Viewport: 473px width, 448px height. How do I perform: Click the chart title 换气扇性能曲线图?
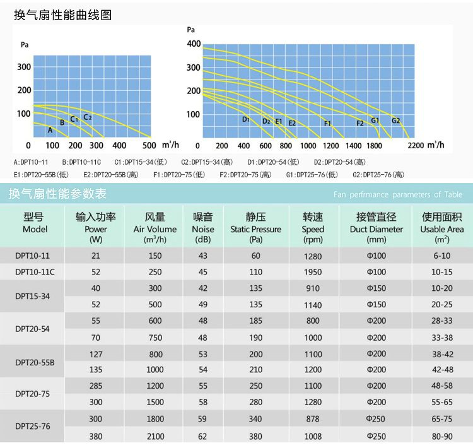pyautogui.click(x=63, y=15)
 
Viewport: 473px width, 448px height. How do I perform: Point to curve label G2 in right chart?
pyautogui.click(x=395, y=121)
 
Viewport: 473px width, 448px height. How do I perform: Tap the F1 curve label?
pyautogui.click(x=327, y=124)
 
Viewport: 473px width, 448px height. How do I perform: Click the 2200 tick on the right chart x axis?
pyautogui.click(x=416, y=145)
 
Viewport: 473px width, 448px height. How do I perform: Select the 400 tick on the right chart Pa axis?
pyautogui.click(x=194, y=44)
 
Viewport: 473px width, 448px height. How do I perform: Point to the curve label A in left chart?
pyautogui.click(x=50, y=131)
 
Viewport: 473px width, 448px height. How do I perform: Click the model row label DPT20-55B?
pyautogui.click(x=35, y=362)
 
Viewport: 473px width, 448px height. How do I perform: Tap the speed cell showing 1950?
pyautogui.click(x=312, y=272)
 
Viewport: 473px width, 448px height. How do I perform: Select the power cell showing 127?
pyautogui.click(x=96, y=354)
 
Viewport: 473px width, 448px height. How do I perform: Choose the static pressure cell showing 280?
pyautogui.click(x=255, y=402)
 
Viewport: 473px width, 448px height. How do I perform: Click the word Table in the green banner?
pyautogui.click(x=452, y=194)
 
